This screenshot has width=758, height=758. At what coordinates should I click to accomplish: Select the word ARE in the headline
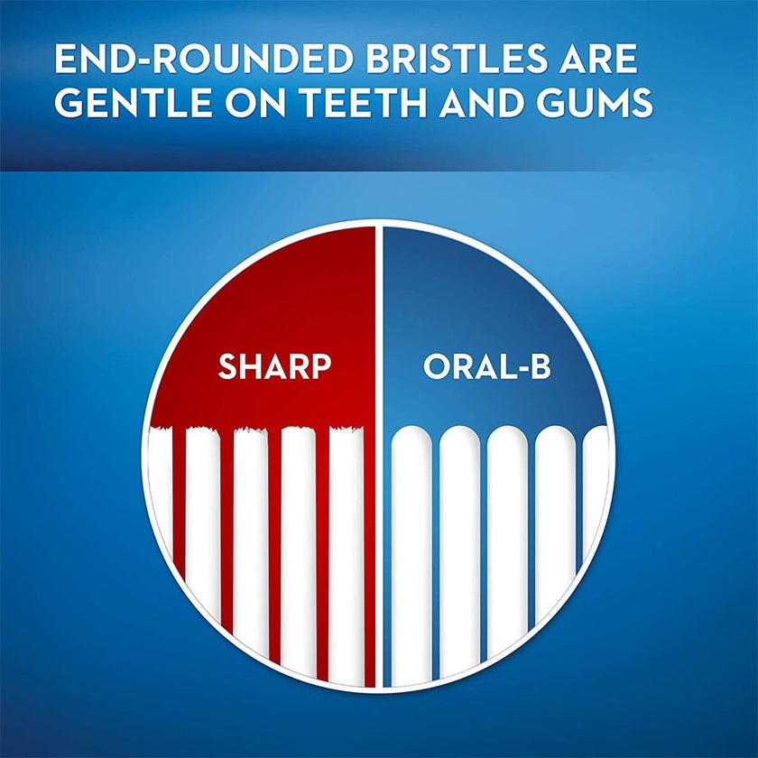[x=599, y=60]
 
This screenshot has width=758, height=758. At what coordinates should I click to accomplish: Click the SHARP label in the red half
[x=274, y=367]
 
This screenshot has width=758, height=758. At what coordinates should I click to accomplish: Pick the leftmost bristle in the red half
[x=160, y=505]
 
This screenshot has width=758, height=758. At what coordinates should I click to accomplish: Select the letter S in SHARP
[x=228, y=367]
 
